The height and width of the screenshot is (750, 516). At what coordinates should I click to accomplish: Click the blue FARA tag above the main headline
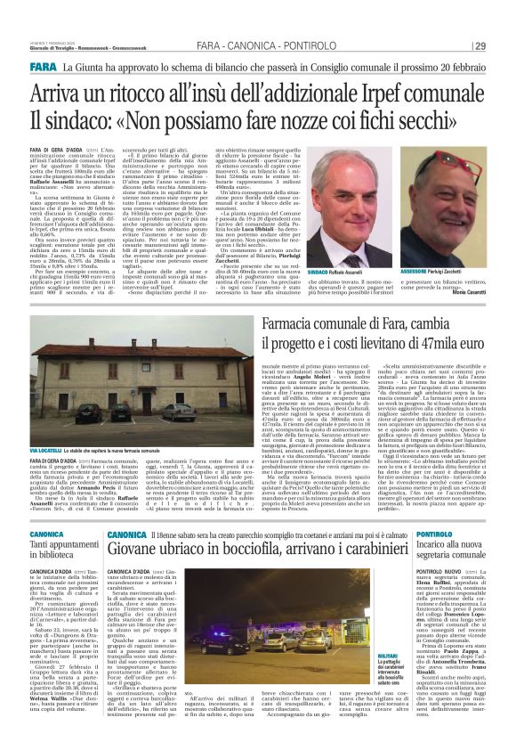coord(43,68)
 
